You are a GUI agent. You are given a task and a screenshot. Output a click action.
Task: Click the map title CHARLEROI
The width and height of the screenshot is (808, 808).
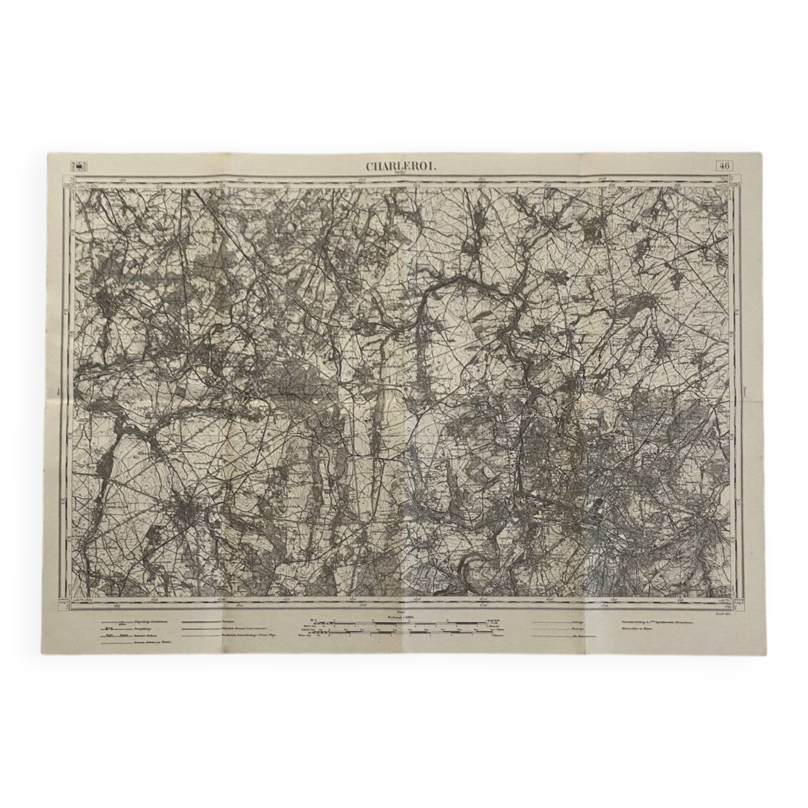tap(402, 166)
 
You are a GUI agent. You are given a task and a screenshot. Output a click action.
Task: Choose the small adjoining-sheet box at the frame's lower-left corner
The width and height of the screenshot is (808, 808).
tap(63, 604)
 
